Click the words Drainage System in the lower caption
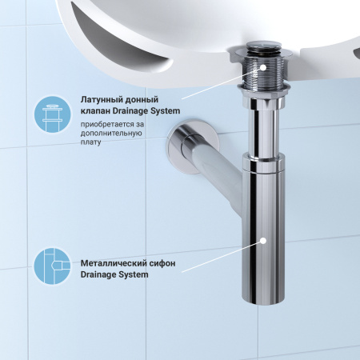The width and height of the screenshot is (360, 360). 114,274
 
